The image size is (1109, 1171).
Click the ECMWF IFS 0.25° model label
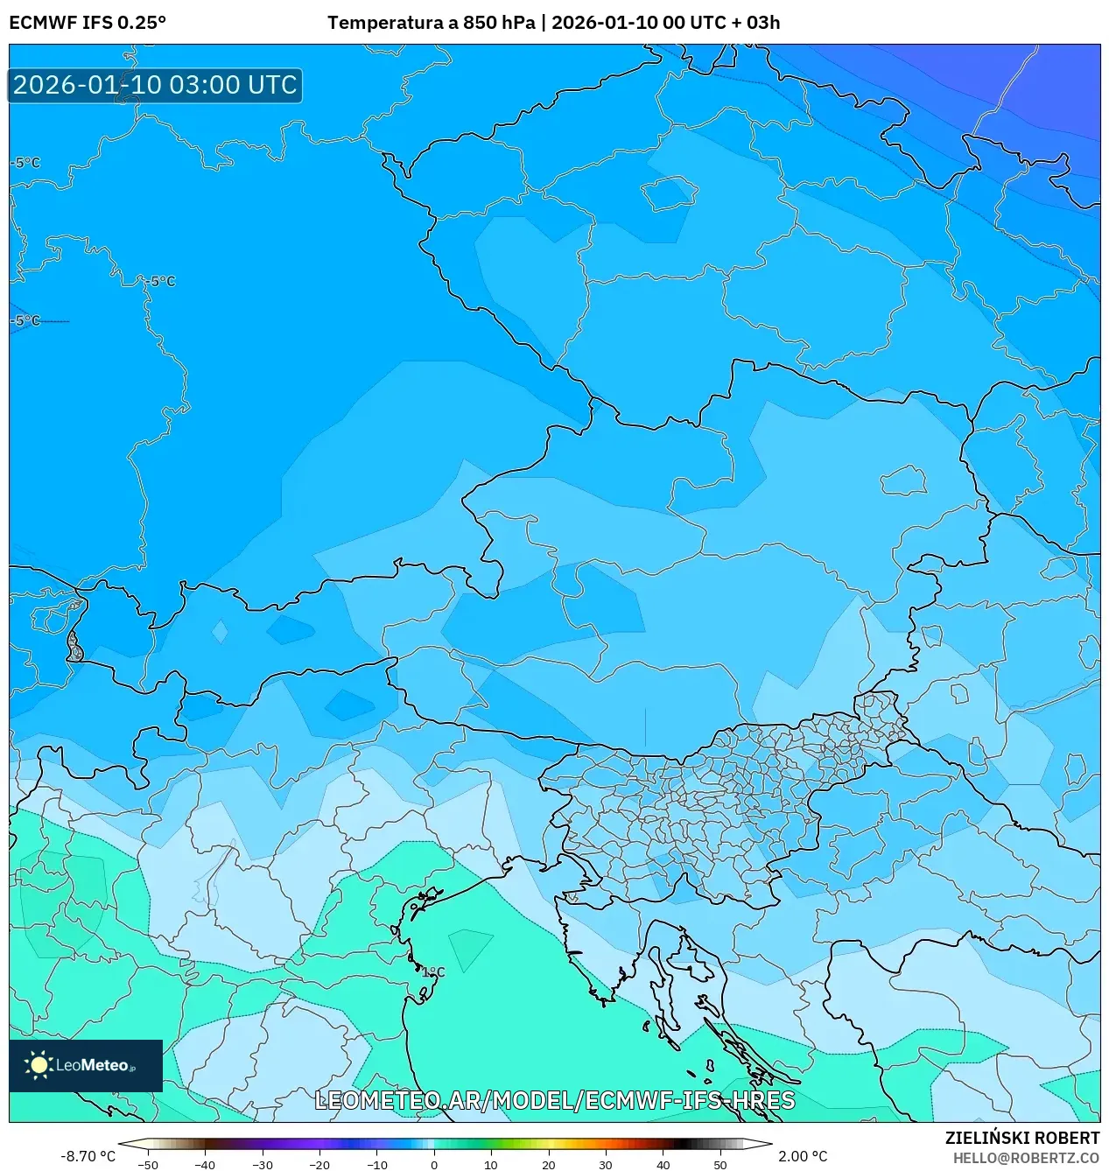coord(88,23)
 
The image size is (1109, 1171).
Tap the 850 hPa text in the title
coord(498,23)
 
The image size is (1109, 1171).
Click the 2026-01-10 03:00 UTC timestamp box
coord(155,85)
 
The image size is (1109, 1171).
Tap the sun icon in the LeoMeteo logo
coord(39,1065)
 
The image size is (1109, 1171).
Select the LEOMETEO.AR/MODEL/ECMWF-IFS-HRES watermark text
coord(554,1100)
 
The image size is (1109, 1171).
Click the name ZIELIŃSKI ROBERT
coord(1021,1138)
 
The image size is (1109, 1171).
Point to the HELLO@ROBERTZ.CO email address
coord(1026,1157)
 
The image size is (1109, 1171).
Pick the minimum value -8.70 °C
coord(88,1156)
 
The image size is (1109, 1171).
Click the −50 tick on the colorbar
coord(148,1164)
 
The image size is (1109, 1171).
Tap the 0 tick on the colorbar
coord(434,1164)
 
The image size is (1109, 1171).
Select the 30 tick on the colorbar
coord(606,1164)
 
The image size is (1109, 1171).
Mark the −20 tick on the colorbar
coord(319,1164)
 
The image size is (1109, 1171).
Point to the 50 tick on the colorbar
coord(720,1164)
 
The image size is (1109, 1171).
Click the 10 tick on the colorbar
coord(491,1164)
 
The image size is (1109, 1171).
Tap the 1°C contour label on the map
coord(433,972)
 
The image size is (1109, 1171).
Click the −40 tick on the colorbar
coord(205,1164)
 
